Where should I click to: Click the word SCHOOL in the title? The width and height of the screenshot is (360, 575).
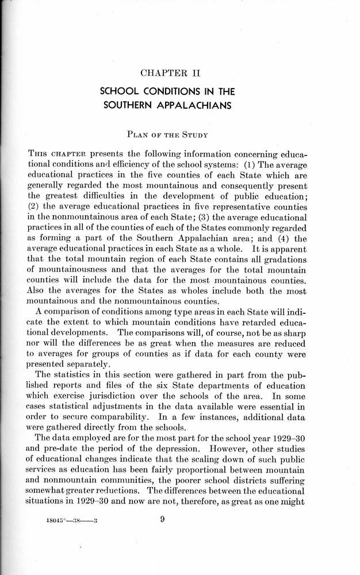coord(120,91)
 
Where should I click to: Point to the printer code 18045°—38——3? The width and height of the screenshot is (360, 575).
coord(73,522)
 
